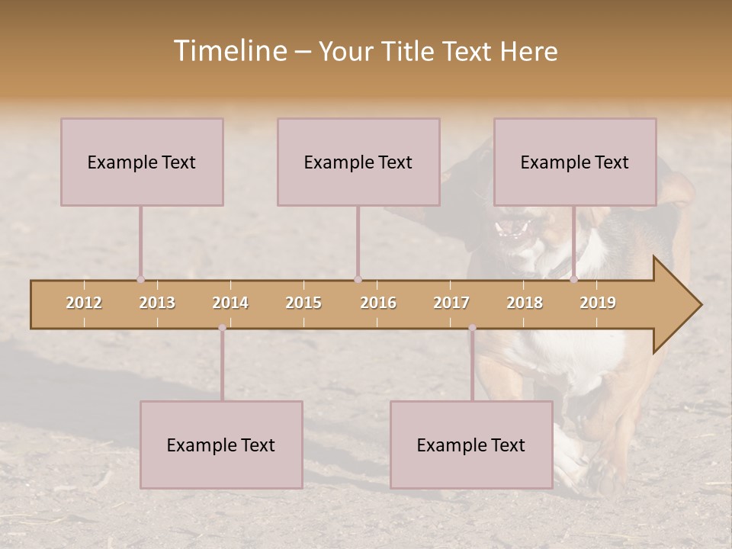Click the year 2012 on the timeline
pyautogui.click(x=84, y=303)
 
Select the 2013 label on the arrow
pyautogui.click(x=157, y=303)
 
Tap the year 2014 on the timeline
pyautogui.click(x=230, y=303)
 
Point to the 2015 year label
pyautogui.click(x=303, y=303)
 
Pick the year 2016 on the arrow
pyautogui.click(x=378, y=303)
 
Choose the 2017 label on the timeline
pyautogui.click(x=451, y=303)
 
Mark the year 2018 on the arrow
pyautogui.click(x=525, y=303)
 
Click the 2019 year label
pyautogui.click(x=598, y=303)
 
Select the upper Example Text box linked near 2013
pyautogui.click(x=142, y=162)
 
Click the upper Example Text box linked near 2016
pyautogui.click(x=358, y=162)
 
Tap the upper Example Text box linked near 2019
pyautogui.click(x=575, y=162)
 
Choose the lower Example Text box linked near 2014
pyautogui.click(x=221, y=445)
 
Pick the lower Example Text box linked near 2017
pyautogui.click(x=471, y=445)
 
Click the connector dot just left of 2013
pyautogui.click(x=140, y=279)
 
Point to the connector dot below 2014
pyautogui.click(x=222, y=328)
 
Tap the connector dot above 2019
pyautogui.click(x=574, y=279)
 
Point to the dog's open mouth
pyautogui.click(x=514, y=228)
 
